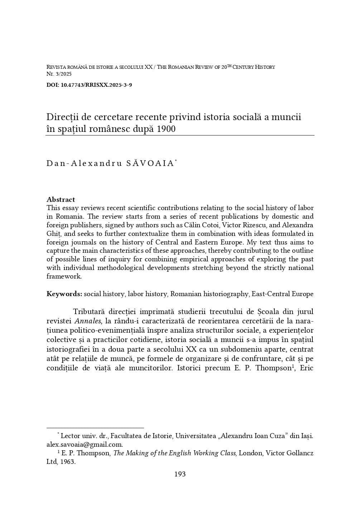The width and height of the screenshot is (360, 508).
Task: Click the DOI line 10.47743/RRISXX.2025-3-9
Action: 89,85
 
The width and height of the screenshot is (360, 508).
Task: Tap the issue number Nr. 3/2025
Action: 59,74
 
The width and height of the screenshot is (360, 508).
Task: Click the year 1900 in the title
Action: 166,129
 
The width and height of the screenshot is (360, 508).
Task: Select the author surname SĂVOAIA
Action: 150,163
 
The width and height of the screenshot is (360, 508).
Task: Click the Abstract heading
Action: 61,199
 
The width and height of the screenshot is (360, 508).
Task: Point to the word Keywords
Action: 64,294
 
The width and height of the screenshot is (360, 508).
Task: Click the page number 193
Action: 180,474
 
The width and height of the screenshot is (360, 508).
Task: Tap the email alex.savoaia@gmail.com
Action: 85,445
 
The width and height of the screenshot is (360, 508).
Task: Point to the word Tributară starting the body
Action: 88,312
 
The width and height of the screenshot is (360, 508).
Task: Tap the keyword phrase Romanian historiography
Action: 209,294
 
